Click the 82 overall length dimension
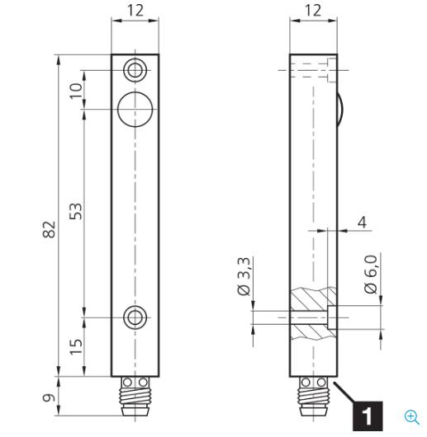(x=49, y=229)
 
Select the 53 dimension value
(x=76, y=212)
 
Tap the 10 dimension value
(x=76, y=91)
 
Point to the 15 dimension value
(x=76, y=346)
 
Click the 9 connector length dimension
(x=49, y=397)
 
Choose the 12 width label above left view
(x=135, y=11)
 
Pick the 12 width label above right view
(x=313, y=11)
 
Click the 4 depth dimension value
(x=362, y=223)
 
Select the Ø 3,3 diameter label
(x=244, y=276)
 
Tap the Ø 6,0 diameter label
(x=371, y=274)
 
